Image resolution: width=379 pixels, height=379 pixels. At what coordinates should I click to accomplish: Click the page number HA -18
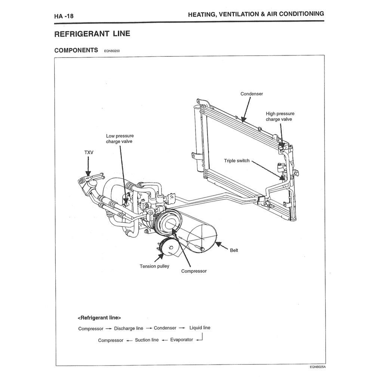click(64, 16)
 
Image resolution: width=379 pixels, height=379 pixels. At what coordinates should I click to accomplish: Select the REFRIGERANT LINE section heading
click(92, 34)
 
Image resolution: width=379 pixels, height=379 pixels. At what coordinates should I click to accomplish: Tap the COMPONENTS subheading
click(76, 50)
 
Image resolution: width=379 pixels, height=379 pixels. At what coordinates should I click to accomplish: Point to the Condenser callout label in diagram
click(252, 94)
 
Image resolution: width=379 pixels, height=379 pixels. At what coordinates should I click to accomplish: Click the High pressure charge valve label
click(280, 116)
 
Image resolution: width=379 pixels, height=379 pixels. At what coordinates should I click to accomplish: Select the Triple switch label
click(237, 161)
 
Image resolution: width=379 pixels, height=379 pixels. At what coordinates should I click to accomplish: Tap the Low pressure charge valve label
click(120, 139)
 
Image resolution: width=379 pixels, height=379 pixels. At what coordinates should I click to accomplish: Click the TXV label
click(89, 152)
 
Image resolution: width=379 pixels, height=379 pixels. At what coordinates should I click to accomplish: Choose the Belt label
click(234, 250)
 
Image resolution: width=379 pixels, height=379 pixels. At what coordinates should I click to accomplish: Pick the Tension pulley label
click(154, 266)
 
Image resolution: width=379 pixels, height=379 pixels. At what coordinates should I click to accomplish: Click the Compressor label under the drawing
click(194, 271)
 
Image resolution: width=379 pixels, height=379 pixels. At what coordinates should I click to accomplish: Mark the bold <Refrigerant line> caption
click(99, 318)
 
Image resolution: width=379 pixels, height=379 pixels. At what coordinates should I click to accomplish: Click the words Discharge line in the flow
click(129, 328)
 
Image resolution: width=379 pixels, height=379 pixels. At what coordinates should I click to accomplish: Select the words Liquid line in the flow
click(200, 328)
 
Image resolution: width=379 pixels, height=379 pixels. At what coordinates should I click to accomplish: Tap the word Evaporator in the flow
click(182, 340)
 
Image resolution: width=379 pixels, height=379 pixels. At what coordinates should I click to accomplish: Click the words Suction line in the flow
click(147, 340)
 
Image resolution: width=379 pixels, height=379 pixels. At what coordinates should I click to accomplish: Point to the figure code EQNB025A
click(318, 367)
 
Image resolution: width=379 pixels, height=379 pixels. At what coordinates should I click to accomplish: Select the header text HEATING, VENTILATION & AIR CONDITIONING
click(256, 14)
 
